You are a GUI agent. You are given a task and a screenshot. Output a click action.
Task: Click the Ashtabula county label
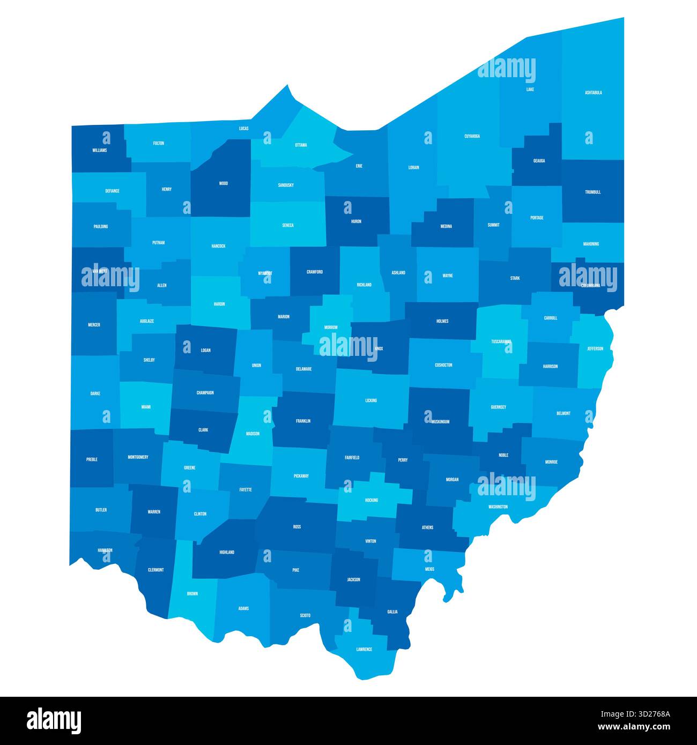[593, 93]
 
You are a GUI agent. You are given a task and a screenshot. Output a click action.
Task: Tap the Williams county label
[99, 151]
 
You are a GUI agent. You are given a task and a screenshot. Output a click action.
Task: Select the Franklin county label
[303, 421]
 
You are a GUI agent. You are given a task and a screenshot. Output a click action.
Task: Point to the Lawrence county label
[364, 650]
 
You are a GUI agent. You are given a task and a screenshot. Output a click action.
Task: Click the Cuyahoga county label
[472, 137]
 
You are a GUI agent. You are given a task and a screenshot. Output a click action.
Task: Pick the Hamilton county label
[105, 550]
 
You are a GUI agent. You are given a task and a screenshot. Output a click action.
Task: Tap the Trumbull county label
[593, 192]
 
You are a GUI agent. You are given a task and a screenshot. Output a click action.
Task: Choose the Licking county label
[371, 400]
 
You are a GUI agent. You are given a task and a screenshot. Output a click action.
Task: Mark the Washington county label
[498, 506]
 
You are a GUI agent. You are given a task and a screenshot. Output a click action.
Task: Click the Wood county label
[224, 183]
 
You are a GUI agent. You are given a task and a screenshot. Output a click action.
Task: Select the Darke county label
[95, 393]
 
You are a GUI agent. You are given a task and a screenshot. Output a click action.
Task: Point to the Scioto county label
[305, 615]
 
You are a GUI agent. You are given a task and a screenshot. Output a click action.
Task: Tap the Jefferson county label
[595, 349]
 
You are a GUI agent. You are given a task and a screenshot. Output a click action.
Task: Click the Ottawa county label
[301, 145]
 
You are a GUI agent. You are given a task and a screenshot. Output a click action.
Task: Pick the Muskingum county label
[440, 422]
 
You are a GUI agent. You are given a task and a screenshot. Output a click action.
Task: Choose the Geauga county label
[539, 161]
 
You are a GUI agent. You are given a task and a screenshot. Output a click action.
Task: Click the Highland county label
[227, 552]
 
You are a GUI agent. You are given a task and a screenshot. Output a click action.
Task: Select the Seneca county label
[288, 226]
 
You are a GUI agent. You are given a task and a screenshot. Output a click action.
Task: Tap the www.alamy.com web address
[636, 727]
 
